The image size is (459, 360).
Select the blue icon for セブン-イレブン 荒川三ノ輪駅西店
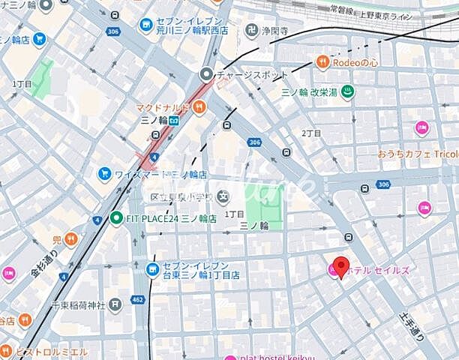[145, 25]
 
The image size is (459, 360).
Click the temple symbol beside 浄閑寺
[249, 31]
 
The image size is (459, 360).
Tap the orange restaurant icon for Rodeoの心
[323, 62]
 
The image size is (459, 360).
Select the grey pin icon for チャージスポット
[206, 73]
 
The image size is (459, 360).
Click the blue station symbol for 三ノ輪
[174, 120]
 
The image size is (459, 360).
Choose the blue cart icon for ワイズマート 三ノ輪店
[104, 174]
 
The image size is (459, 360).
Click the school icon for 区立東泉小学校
[222, 196]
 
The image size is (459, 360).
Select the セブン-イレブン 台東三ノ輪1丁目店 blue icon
[153, 268]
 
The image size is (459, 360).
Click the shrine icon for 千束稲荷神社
[115, 304]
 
